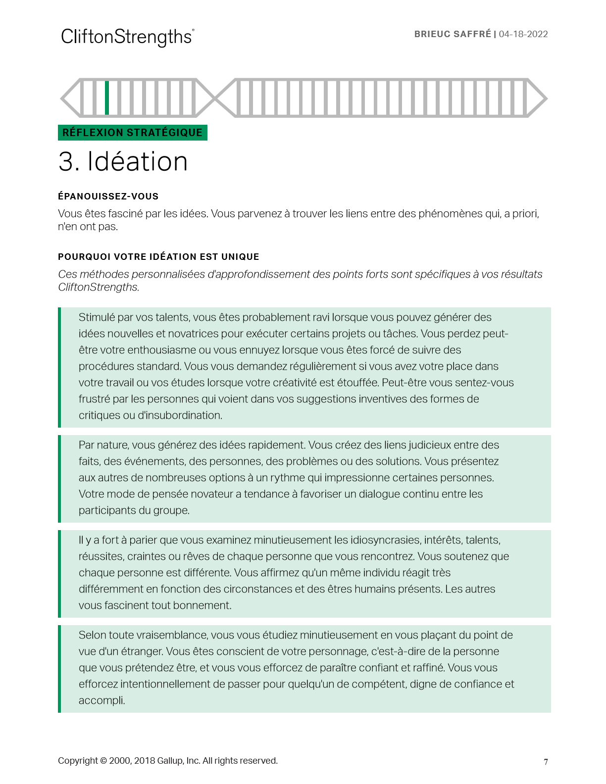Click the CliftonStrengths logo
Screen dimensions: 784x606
point(127,37)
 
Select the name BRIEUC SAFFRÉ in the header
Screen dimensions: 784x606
point(453,34)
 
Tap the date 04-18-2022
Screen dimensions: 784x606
point(523,34)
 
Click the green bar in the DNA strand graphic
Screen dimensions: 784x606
point(107,98)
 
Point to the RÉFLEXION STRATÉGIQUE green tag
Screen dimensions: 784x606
point(132,133)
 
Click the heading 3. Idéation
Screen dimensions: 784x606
point(123,162)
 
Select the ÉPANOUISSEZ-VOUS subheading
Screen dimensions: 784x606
point(108,196)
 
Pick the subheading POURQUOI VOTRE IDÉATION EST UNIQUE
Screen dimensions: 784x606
point(158,257)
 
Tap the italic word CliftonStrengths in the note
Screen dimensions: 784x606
point(98,287)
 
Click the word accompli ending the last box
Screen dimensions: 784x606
point(101,700)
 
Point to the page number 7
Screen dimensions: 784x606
point(546,762)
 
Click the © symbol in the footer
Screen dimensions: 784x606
point(103,761)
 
